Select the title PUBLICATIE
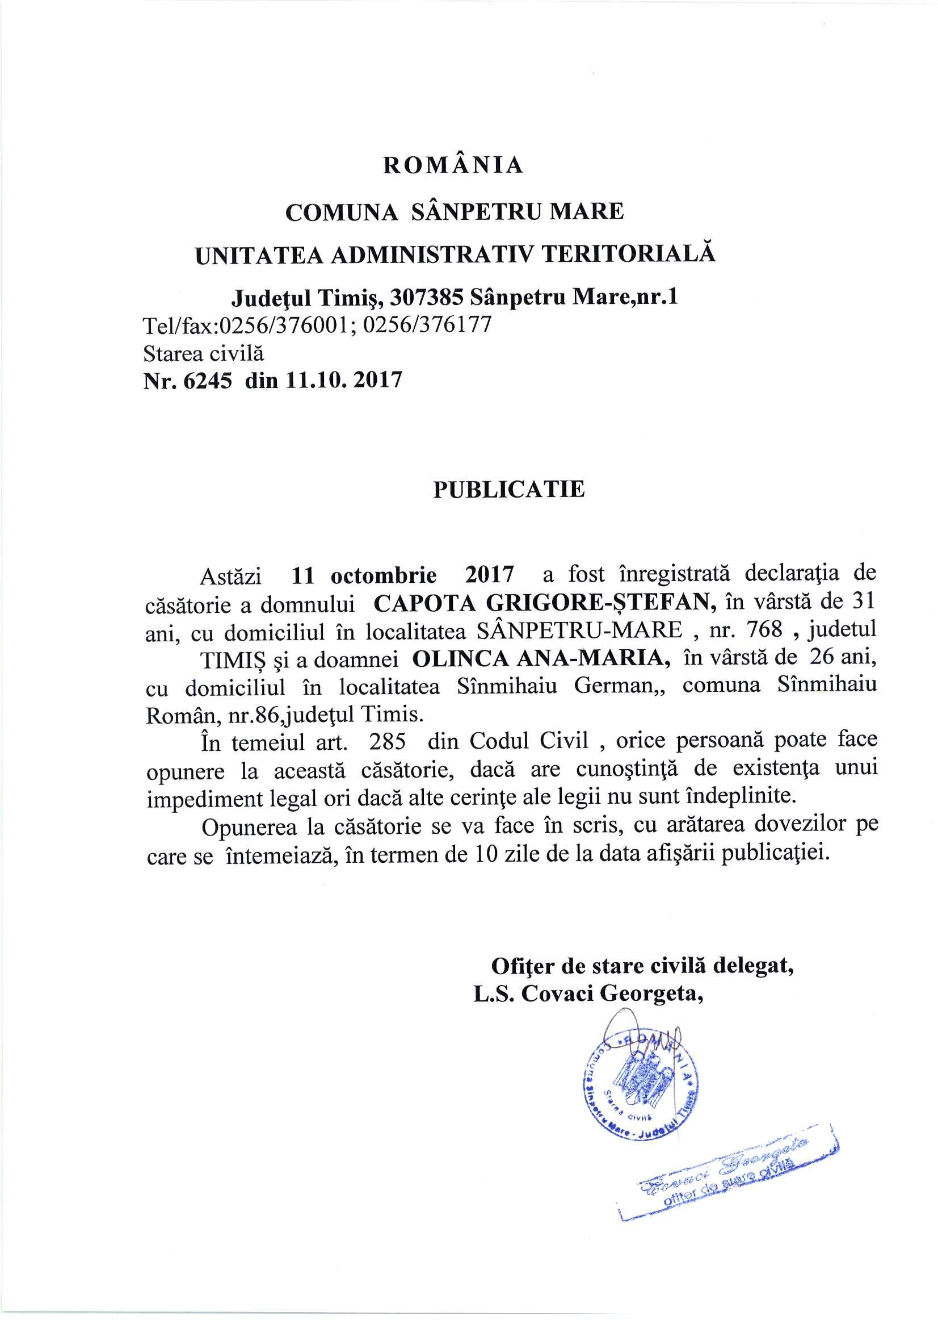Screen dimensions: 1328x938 508,489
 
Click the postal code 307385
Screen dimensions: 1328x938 427,297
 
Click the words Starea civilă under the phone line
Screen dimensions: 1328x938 204,353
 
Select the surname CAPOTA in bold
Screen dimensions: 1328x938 425,603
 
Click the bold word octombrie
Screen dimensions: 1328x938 384,575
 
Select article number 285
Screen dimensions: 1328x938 387,741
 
